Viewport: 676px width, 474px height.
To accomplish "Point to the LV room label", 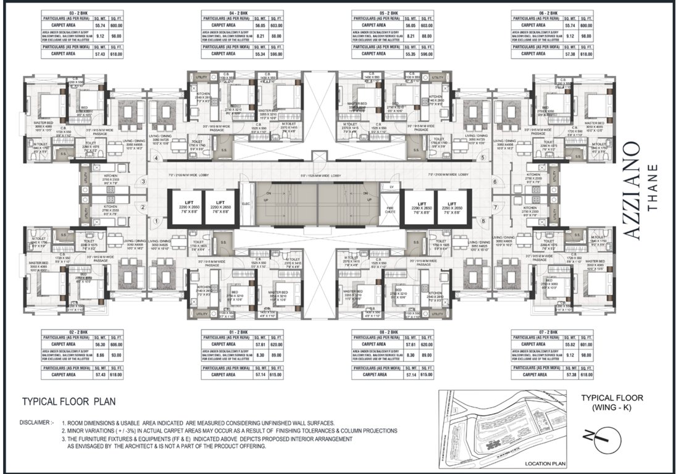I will [x=391, y=186].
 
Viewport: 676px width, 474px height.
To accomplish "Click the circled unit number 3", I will [x=143, y=181].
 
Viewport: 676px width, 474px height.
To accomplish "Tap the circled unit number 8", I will [x=483, y=220].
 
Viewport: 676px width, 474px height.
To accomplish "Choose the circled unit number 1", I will [x=156, y=220].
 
